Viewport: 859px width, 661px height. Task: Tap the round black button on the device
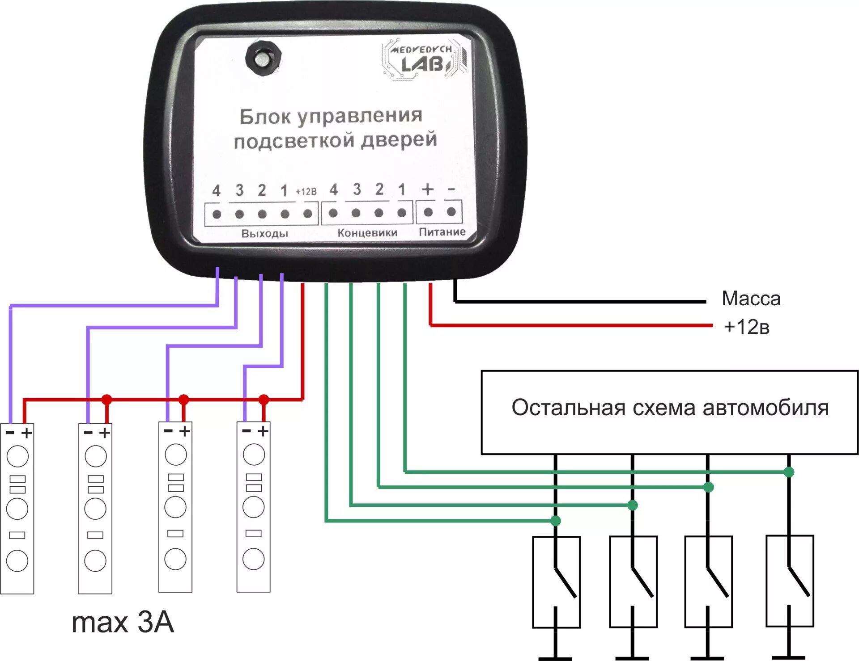[263, 58]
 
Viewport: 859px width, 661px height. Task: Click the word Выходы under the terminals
[264, 233]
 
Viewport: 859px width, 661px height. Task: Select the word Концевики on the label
[367, 233]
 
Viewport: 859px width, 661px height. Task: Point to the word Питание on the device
[442, 232]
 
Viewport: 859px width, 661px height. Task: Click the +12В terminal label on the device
[306, 192]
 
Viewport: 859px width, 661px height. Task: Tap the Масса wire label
[751, 299]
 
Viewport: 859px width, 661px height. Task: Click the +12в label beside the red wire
[746, 327]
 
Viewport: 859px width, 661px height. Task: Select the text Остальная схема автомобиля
[670, 408]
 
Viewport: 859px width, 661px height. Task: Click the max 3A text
[123, 622]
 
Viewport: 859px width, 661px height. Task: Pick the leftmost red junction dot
[106, 399]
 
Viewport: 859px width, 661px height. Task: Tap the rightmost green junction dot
[789, 472]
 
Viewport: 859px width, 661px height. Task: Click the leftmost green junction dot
[555, 521]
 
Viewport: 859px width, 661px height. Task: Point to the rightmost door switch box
[790, 581]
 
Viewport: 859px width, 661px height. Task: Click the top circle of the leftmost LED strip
[17, 456]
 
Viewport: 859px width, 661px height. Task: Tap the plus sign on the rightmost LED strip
[263, 431]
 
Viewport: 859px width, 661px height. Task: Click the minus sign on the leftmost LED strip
[10, 433]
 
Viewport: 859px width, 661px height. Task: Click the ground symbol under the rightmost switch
[789, 657]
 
